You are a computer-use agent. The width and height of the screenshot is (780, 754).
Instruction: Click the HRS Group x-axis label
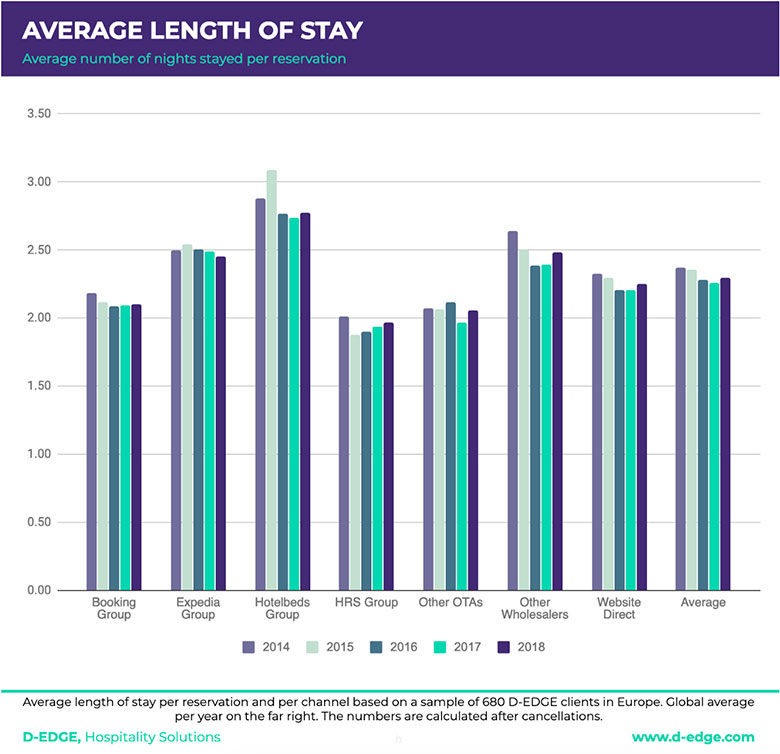click(x=367, y=603)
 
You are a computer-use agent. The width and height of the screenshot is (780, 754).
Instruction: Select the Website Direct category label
click(x=619, y=608)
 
